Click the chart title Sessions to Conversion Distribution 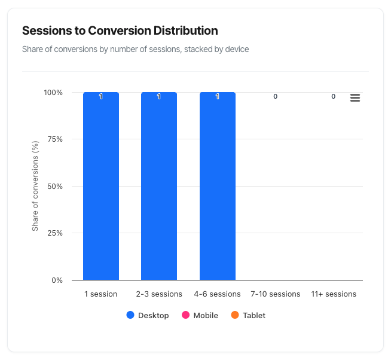click(120, 30)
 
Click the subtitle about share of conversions click(135, 49)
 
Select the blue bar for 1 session click(101, 186)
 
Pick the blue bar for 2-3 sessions click(159, 186)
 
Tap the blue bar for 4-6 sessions click(218, 186)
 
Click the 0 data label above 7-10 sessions click(276, 96)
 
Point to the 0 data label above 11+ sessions click(334, 96)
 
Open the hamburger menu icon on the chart click(355, 98)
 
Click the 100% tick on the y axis click(53, 93)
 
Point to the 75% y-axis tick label click(54, 139)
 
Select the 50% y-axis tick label click(54, 186)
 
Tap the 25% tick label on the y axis click(54, 233)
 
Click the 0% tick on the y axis click(57, 280)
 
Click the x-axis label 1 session click(101, 294)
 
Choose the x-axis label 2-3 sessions click(159, 294)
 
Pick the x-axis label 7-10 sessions click(276, 294)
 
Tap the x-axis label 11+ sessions click(334, 294)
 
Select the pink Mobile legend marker click(185, 315)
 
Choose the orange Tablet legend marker click(235, 315)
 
